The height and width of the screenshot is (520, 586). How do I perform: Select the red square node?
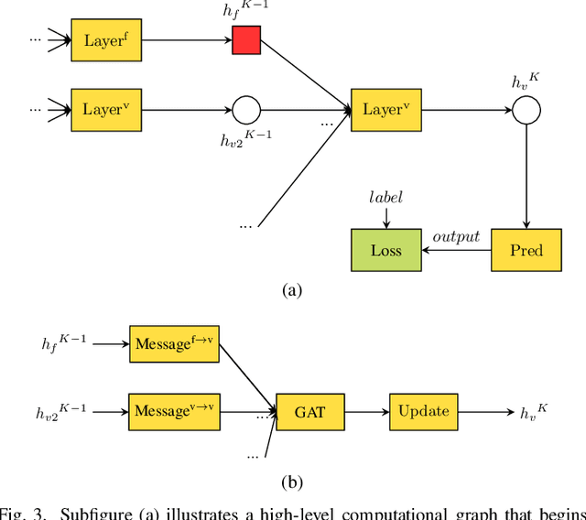tap(246, 40)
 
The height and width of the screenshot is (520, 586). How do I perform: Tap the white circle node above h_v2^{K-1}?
tap(246, 110)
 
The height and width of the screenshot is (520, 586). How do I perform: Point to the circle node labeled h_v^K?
tap(526, 110)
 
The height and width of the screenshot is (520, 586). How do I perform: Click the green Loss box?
tap(385, 250)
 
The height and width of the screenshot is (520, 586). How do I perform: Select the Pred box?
tap(526, 250)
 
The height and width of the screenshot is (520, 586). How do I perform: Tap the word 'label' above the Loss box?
tap(385, 198)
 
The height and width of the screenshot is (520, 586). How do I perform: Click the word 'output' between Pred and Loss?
tap(456, 237)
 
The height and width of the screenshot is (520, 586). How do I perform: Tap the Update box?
tap(423, 410)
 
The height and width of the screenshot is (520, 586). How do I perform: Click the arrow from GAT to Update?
tap(370, 410)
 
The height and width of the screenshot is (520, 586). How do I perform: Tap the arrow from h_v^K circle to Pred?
tap(526, 174)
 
